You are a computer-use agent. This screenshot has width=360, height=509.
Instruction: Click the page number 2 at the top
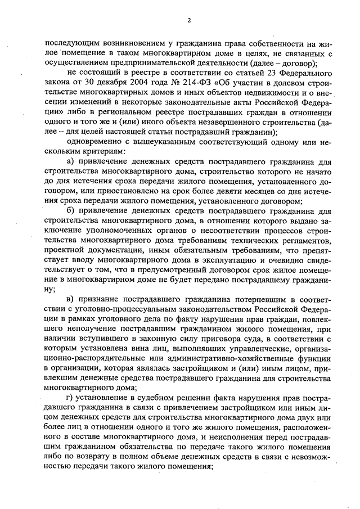tap(190, 21)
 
